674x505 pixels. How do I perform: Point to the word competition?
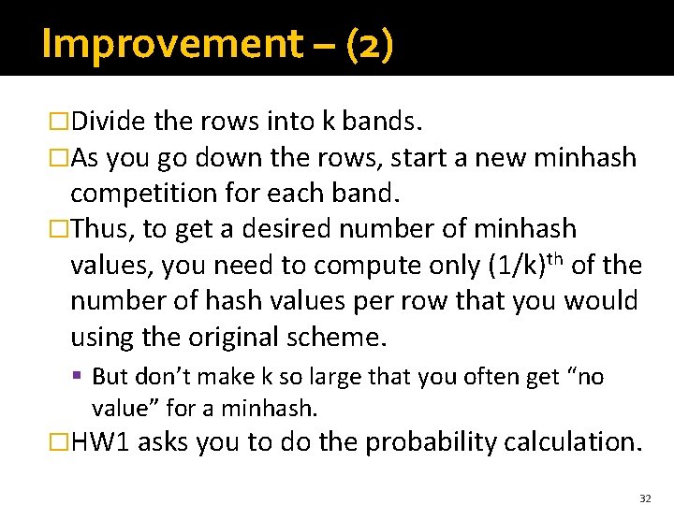(x=147, y=194)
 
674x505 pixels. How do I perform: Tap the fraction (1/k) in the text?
(x=520, y=266)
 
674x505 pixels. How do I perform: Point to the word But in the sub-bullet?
(x=110, y=377)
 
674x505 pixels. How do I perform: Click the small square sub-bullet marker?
(x=81, y=377)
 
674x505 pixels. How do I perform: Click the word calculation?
(x=574, y=442)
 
